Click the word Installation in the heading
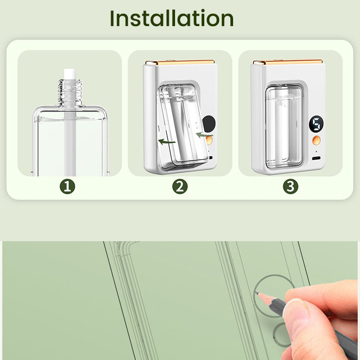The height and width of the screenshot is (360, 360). point(172,18)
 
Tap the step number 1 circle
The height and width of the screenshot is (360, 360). point(67,186)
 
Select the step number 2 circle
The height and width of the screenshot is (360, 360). point(180,186)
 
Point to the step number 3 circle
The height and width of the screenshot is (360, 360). point(290,186)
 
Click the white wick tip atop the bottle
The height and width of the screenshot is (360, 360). point(70,74)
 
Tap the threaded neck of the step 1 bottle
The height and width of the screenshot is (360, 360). point(70,92)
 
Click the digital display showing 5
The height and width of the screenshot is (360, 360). point(316,124)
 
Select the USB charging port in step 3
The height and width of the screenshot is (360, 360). point(316,158)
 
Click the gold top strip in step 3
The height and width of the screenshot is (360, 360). point(288,62)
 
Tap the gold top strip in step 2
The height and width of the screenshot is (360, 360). point(180,62)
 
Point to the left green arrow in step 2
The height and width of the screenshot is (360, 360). point(167,142)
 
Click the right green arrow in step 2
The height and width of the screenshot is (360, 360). point(204,135)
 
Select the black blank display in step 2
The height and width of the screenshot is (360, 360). point(209,124)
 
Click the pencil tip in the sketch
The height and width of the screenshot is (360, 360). point(256,293)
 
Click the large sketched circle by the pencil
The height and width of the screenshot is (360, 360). point(255,296)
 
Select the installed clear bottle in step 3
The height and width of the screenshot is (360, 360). point(284,127)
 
